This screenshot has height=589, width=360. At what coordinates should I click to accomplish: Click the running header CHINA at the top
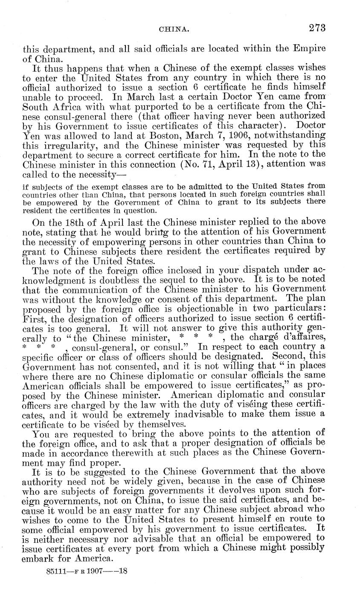(x=171, y=29)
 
